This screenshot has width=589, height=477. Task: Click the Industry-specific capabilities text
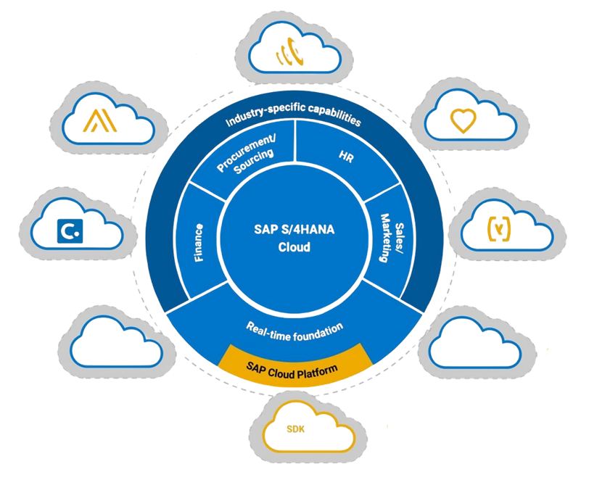[293, 116]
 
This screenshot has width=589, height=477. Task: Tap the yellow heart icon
[462, 120]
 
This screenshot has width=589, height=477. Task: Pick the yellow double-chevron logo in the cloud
[99, 121]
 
